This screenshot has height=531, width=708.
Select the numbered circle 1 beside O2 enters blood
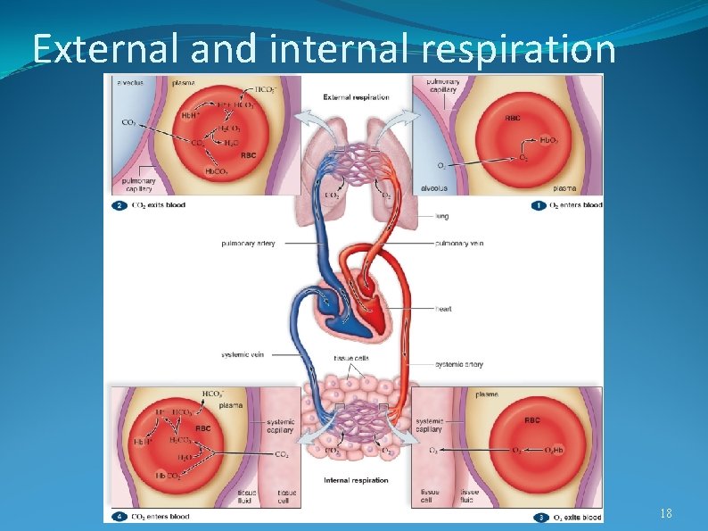538,205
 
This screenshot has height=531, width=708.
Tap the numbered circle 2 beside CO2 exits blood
119,205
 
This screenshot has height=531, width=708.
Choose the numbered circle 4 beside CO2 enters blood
119,516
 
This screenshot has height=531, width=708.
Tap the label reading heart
443,309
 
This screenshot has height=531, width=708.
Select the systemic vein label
243,354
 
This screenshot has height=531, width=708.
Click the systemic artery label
460,364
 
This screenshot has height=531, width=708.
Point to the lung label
442,215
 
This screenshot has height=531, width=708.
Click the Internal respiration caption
356,480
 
